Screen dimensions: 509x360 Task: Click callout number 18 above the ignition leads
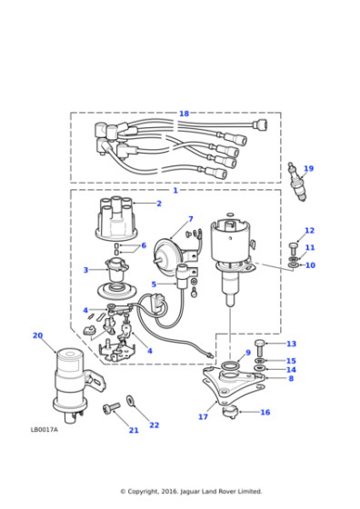click(x=184, y=114)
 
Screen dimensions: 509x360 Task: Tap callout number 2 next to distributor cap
click(x=158, y=204)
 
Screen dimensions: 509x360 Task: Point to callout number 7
click(x=190, y=219)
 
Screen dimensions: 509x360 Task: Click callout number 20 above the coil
click(x=37, y=335)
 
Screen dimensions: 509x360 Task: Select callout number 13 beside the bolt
click(x=291, y=344)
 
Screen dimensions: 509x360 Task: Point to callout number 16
click(x=265, y=412)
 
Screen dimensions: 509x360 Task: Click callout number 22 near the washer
click(x=154, y=424)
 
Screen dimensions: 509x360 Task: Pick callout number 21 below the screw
click(x=133, y=430)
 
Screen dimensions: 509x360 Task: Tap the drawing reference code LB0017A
click(x=44, y=430)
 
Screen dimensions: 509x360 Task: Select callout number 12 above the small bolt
click(x=309, y=231)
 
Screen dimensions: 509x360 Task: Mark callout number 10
click(x=309, y=265)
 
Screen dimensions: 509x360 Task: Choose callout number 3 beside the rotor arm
click(x=85, y=270)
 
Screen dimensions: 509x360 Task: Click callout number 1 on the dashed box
click(x=175, y=190)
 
